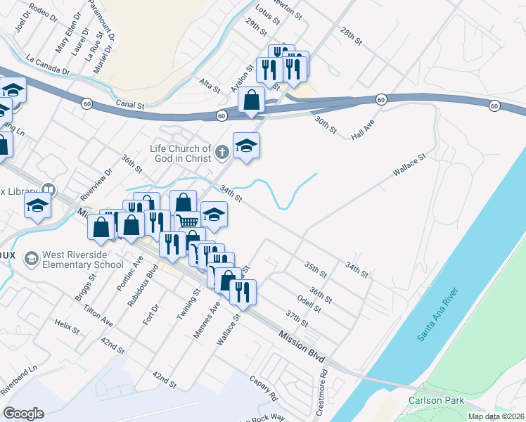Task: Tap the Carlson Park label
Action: pyautogui.click(x=432, y=400)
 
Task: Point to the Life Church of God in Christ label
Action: pyautogui.click(x=181, y=153)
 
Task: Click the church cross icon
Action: pyautogui.click(x=222, y=151)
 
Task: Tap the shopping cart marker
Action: pyautogui.click(x=188, y=222)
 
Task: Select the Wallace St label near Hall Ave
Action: pyautogui.click(x=410, y=167)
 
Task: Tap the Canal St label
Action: pyautogui.click(x=131, y=105)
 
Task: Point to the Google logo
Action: pyautogui.click(x=23, y=413)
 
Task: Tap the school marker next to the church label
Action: pyautogui.click(x=246, y=146)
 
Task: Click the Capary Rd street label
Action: pyautogui.click(x=266, y=388)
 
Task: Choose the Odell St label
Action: pyautogui.click(x=309, y=303)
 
